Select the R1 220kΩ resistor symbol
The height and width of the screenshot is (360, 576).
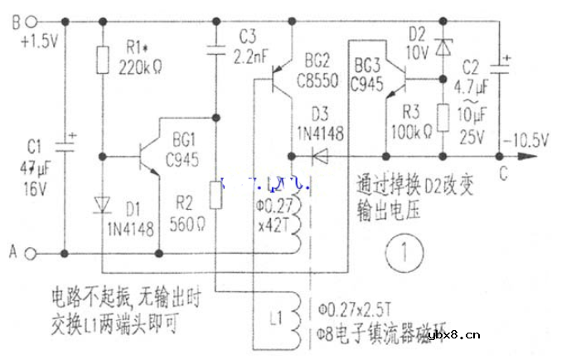pyautogui.click(x=101, y=59)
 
